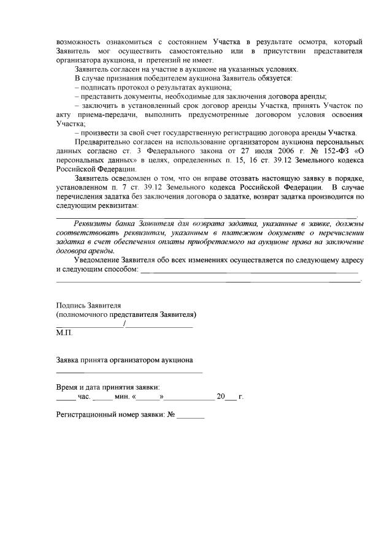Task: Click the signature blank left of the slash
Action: [89, 325]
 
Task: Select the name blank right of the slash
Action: [159, 325]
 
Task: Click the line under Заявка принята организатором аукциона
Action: [129, 371]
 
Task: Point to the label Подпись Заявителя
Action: [88, 305]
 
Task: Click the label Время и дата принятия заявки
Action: [108, 387]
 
